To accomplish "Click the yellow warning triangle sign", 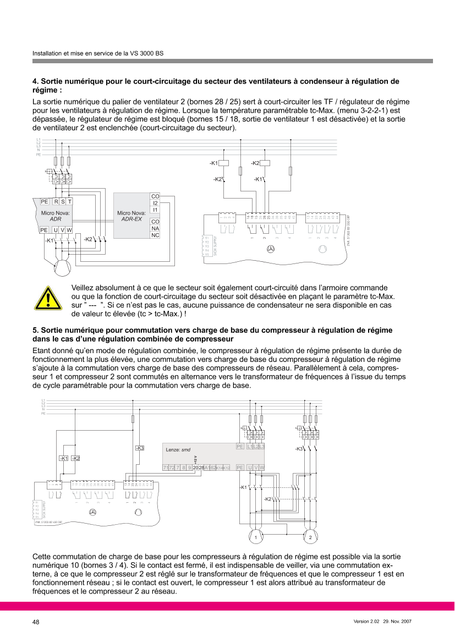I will pos(48,298).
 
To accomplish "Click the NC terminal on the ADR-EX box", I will pos(155,235).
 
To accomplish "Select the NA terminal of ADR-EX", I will pos(155,228).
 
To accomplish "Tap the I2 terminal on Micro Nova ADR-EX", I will pos(155,203).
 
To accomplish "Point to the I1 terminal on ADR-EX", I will pos(155,210).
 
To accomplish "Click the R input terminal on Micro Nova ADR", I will pos(56,202).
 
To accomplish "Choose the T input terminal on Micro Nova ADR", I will pos(70,202).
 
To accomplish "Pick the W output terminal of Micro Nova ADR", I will pos(69,229).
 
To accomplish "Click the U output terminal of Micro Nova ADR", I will pos(56,229).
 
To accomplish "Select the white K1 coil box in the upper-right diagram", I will pos(224,163).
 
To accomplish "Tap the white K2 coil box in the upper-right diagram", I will pos(265,163).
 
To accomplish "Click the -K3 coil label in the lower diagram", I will pos(139,448).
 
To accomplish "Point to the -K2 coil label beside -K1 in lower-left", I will pos(76,458).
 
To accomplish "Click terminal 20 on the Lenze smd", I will pos(195,468).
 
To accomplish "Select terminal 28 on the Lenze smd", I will pos(201,468).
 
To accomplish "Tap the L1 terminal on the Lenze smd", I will pos(250,446).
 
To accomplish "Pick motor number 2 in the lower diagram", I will pos(310,536).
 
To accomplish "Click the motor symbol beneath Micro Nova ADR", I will pos(62,267).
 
